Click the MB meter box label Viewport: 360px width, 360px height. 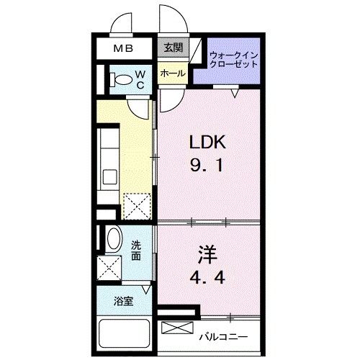[x=123, y=49]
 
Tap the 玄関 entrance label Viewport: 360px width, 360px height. [x=174, y=48]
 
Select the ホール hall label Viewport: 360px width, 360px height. [x=173, y=73]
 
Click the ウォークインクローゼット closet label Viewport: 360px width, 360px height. [x=233, y=60]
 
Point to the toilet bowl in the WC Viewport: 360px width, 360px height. [x=122, y=79]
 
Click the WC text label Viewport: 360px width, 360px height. [x=140, y=80]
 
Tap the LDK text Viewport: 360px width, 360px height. [x=207, y=142]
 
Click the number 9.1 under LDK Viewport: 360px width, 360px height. [x=207, y=166]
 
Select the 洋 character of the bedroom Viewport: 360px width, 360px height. [x=207, y=255]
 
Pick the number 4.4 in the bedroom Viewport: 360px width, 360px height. [x=207, y=277]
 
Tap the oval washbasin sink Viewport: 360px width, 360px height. [x=114, y=238]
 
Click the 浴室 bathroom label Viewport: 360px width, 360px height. [x=124, y=301]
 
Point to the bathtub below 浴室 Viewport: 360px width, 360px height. [x=125, y=335]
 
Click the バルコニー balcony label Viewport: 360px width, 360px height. [x=223, y=337]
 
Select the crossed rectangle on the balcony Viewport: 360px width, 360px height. [x=177, y=328]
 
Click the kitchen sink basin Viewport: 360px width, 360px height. [x=110, y=177]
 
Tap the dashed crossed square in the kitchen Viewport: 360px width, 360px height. [x=137, y=207]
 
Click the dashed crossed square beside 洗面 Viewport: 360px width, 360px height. [x=109, y=268]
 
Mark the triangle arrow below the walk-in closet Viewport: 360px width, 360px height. [x=235, y=93]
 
